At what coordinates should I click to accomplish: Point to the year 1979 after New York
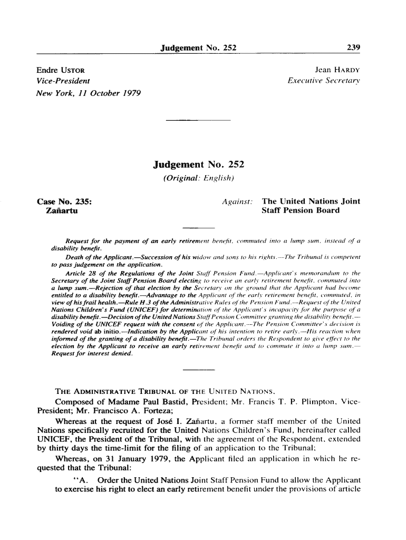(128, 93)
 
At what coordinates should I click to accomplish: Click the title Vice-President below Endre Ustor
(63, 81)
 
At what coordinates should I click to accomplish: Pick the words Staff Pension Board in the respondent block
(301, 211)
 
